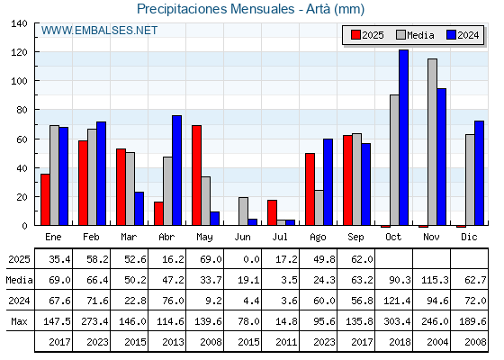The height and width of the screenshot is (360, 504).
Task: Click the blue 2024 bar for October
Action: (x=404, y=138)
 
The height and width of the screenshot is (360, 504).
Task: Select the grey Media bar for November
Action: (x=432, y=142)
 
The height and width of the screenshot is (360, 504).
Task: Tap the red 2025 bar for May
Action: (x=197, y=175)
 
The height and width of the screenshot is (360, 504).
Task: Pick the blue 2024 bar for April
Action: (x=176, y=170)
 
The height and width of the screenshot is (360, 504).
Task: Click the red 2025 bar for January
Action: (x=45, y=200)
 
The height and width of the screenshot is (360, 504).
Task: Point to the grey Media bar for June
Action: (x=243, y=211)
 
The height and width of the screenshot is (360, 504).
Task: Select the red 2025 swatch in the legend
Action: (x=355, y=35)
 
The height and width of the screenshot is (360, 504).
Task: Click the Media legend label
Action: (x=420, y=35)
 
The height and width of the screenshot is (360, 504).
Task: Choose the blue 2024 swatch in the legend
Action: (x=451, y=35)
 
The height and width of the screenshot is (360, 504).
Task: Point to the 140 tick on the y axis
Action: (x=19, y=23)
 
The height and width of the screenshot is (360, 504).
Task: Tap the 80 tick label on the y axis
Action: (x=22, y=110)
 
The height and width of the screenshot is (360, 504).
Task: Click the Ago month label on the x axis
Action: (x=318, y=238)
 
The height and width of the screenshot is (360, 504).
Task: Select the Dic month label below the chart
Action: (x=469, y=237)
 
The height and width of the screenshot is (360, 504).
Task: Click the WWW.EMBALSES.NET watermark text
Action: (x=99, y=31)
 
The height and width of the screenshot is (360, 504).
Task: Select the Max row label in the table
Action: (x=19, y=321)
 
